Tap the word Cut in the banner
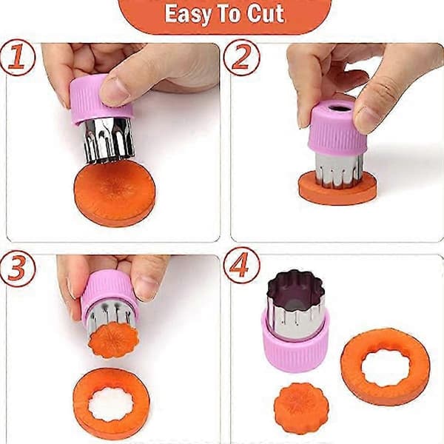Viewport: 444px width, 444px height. (266, 13)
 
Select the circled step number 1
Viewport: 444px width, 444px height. (17, 58)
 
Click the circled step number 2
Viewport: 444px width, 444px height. (241, 58)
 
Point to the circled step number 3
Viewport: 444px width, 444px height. (17, 268)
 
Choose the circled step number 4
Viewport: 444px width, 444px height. (241, 266)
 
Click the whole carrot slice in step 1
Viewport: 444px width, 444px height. (115, 193)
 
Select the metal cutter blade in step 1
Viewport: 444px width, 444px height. (109, 141)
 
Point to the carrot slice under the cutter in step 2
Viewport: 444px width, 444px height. (337, 188)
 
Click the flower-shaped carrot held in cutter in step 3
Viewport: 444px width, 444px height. (113, 340)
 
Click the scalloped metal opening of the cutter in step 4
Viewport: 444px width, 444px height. (296, 286)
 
